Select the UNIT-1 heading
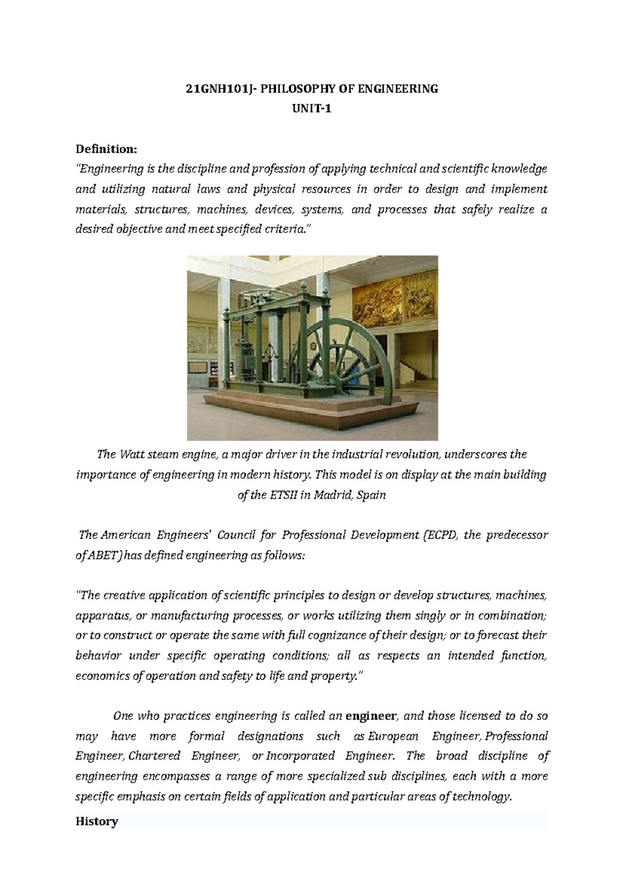(312, 109)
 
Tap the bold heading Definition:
(106, 149)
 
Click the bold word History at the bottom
(97, 821)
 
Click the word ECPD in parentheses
(441, 535)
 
